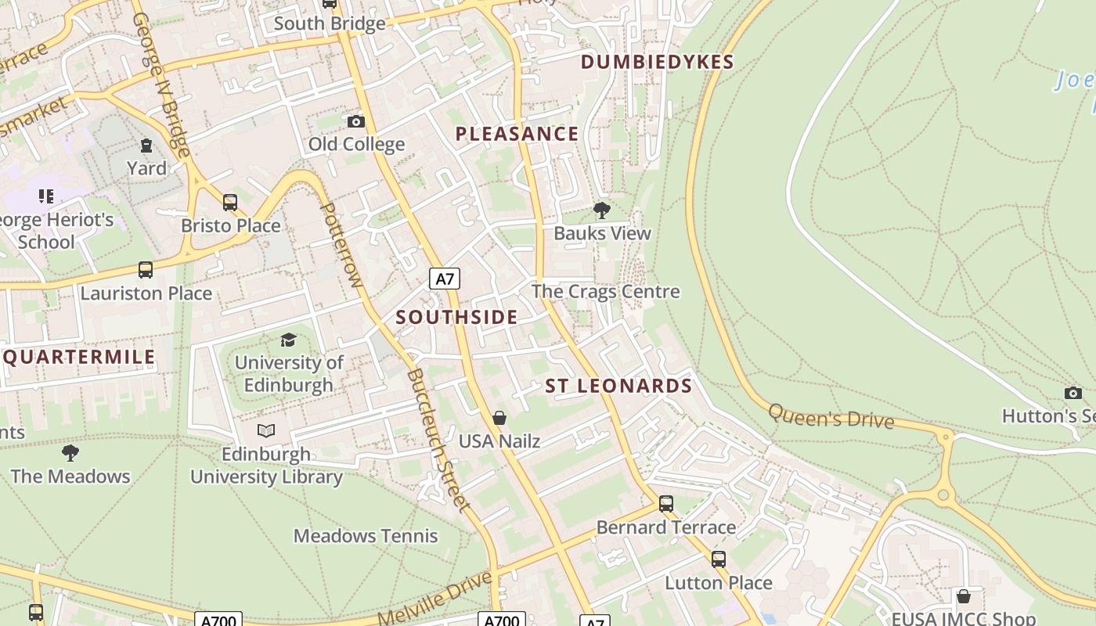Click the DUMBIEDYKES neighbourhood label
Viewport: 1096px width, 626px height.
(x=657, y=63)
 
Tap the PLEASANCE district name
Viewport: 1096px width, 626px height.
(x=517, y=134)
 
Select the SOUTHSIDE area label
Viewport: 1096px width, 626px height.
(x=456, y=317)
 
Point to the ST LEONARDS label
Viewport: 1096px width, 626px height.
(x=618, y=386)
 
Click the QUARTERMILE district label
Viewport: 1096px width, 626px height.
(x=79, y=358)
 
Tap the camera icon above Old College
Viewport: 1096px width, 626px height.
(x=356, y=121)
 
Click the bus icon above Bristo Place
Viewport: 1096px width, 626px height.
(x=230, y=203)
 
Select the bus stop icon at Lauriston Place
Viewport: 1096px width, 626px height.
(x=146, y=270)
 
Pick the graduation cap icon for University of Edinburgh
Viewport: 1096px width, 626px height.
(x=289, y=340)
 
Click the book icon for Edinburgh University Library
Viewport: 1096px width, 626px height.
(x=266, y=430)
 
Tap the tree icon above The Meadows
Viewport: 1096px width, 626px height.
(x=70, y=452)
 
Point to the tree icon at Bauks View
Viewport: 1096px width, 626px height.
(x=602, y=210)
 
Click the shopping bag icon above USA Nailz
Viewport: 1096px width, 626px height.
(x=499, y=418)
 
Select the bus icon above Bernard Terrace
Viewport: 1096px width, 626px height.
(x=666, y=504)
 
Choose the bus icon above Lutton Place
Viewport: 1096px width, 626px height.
(x=719, y=559)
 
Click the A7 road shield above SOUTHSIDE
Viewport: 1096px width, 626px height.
(x=445, y=279)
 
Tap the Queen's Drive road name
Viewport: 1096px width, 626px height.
(x=831, y=416)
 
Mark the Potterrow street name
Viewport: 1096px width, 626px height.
(x=340, y=245)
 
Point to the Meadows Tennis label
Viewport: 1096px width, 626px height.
(x=366, y=536)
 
